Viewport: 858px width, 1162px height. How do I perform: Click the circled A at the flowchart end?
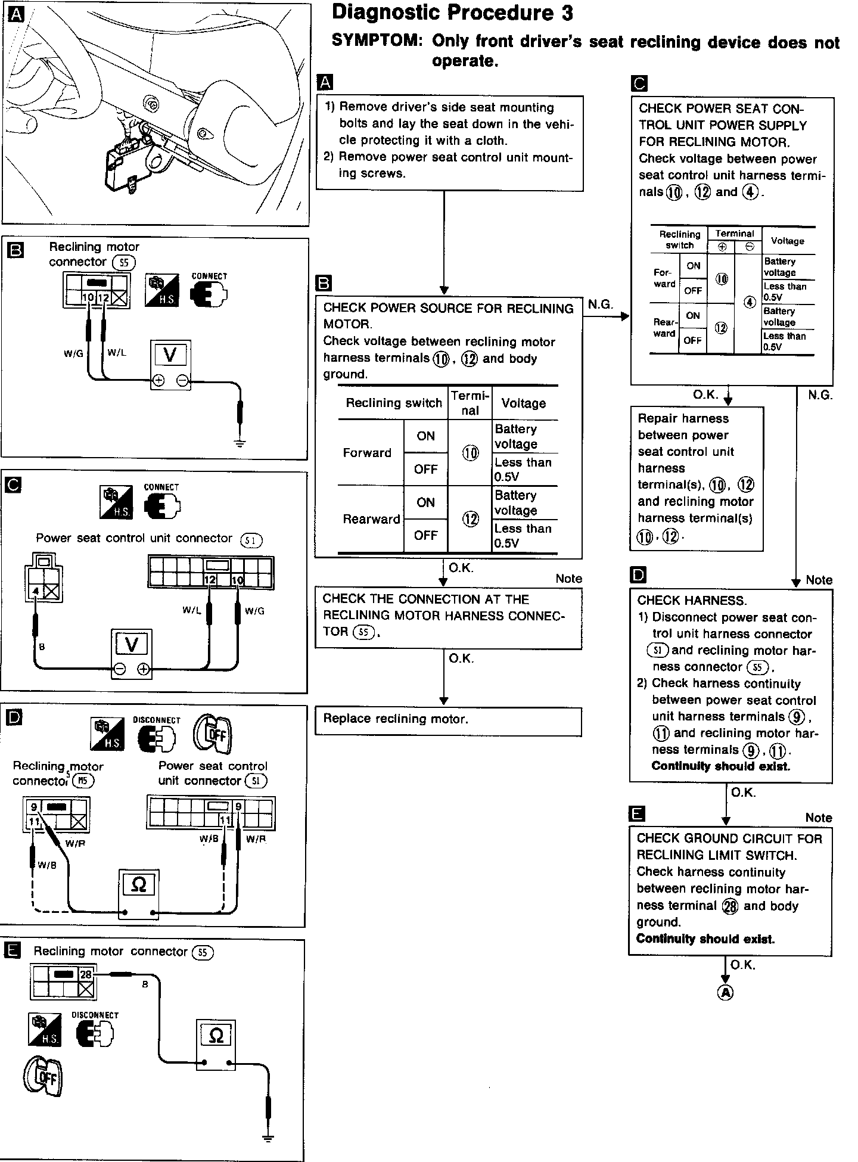tap(725, 992)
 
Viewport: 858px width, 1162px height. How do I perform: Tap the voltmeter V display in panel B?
tap(170, 355)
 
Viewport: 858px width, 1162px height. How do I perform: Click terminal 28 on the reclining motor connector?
tap(86, 974)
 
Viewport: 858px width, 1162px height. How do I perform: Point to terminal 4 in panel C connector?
tap(36, 591)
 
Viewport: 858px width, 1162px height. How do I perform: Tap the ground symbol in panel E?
tap(268, 1139)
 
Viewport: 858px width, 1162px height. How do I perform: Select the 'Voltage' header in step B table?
tap(524, 403)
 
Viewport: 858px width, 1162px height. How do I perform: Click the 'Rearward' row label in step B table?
tap(371, 519)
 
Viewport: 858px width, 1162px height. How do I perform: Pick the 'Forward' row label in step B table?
tap(367, 453)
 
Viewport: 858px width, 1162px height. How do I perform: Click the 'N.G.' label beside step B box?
tap(600, 305)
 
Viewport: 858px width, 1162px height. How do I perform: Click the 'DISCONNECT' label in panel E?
tap(95, 1015)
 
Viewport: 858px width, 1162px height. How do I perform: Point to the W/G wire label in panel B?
tap(73, 354)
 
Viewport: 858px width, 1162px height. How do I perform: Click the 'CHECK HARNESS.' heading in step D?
tap(692, 601)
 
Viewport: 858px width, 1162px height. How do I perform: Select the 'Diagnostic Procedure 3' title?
tap(452, 13)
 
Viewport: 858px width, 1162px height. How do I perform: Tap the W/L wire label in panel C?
tap(192, 610)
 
